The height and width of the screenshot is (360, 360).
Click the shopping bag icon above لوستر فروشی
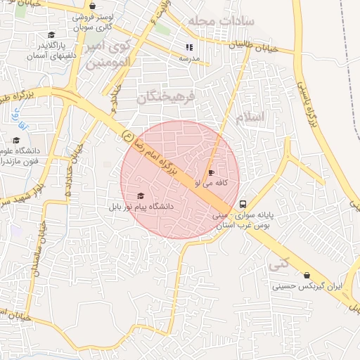(94, 6)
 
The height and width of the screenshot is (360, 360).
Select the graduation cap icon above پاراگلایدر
(51, 35)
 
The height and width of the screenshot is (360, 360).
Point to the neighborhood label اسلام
(251, 117)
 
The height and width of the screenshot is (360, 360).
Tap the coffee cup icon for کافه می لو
(211, 172)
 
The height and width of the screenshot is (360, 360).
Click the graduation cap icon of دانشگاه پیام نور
(141, 196)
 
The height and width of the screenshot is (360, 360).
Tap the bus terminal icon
(243, 198)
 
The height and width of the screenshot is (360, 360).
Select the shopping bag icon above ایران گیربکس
(307, 276)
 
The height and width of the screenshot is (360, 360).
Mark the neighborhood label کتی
(278, 265)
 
